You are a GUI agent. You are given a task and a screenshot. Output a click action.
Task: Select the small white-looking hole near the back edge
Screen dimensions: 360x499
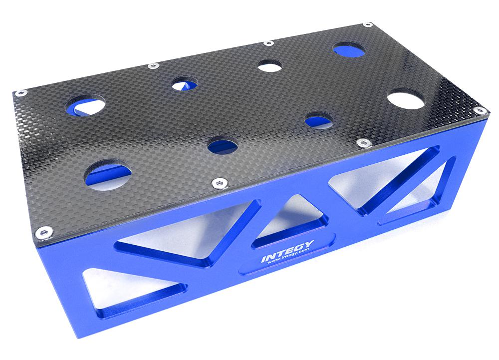270,65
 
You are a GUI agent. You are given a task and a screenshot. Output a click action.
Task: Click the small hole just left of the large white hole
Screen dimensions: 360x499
319,119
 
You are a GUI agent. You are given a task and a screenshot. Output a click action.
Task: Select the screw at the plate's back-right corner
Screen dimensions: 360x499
367,24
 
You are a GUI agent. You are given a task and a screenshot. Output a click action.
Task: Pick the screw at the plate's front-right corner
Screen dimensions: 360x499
480,109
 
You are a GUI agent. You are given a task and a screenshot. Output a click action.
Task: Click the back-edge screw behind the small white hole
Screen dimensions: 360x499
268,43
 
